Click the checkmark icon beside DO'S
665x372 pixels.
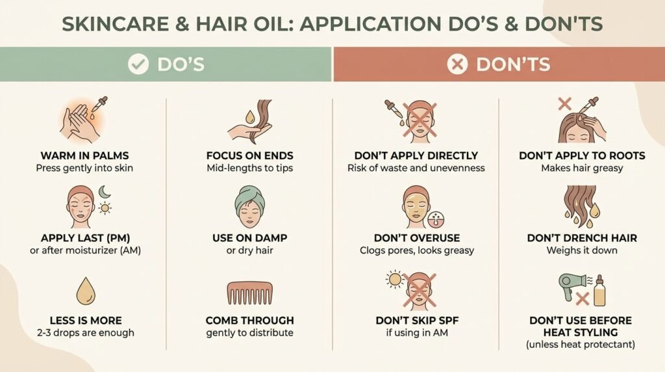click(x=138, y=64)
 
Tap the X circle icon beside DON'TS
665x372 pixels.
click(x=457, y=64)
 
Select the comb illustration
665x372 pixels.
click(x=250, y=293)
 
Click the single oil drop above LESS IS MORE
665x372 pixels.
click(x=86, y=291)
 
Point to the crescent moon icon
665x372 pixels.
click(x=105, y=192)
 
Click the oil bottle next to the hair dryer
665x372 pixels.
click(x=599, y=291)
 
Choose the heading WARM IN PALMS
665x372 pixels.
click(x=85, y=155)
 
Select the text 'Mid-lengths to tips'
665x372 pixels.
click(x=250, y=168)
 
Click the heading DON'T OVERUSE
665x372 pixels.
click(x=417, y=238)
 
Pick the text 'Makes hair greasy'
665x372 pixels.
click(x=582, y=168)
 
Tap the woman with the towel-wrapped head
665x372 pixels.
click(x=250, y=207)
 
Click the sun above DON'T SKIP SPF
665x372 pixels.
click(x=395, y=280)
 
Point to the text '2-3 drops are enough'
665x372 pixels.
click(x=86, y=332)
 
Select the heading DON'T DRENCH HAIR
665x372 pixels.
click(x=582, y=238)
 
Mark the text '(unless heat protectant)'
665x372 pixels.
click(x=581, y=345)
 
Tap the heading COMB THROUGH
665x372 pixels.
click(x=250, y=320)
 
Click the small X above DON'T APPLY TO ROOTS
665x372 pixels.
click(x=564, y=103)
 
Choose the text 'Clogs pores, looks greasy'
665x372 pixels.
click(x=417, y=250)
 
